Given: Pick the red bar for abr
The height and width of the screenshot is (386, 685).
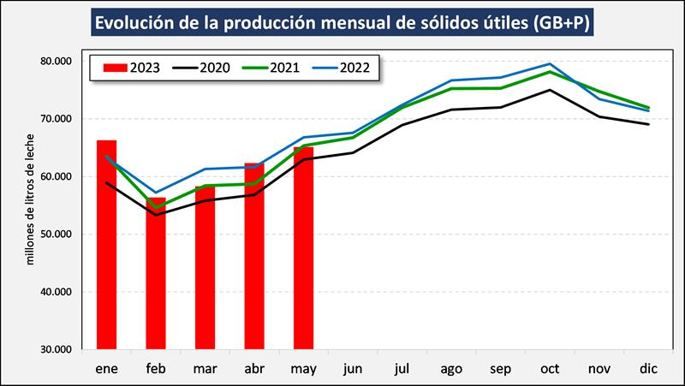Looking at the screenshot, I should coord(254,256).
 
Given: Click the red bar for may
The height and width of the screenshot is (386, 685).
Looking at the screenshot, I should coord(304,248).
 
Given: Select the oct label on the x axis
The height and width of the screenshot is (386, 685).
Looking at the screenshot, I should coord(550,369).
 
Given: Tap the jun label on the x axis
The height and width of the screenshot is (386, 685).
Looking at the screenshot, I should coord(353,369).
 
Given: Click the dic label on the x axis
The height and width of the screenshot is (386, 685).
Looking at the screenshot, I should coord(648,369).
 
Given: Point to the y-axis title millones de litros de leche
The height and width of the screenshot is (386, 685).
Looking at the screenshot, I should coord(31,199).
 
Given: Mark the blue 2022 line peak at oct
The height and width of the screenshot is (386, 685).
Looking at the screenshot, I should coord(550,64).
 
